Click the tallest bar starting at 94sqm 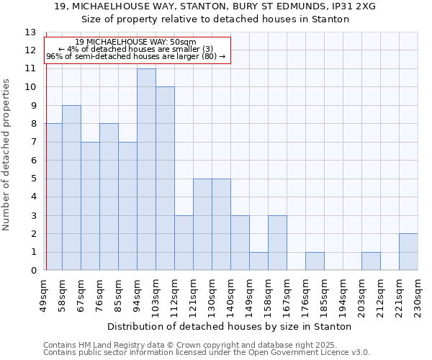[146, 170]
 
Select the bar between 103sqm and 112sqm [165, 179]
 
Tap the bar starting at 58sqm [71, 188]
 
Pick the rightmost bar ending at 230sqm [408, 252]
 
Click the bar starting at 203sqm [371, 261]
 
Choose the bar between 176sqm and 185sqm [315, 261]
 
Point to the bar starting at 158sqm [277, 243]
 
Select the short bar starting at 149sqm [258, 261]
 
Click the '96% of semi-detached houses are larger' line [135, 56]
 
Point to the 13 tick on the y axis [30, 32]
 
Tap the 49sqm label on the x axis [42, 293]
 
